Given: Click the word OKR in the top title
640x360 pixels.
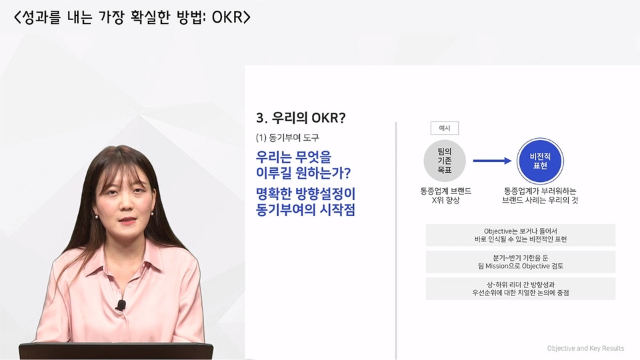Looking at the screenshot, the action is [x=227, y=17].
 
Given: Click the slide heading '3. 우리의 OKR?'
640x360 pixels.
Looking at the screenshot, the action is [x=301, y=118].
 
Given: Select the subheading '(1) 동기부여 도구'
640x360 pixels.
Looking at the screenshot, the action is [x=287, y=138].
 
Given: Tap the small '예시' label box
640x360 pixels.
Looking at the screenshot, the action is [x=445, y=128].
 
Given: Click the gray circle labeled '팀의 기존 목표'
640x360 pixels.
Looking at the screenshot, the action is [x=445, y=161].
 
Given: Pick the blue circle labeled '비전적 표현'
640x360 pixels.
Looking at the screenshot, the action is [x=540, y=161].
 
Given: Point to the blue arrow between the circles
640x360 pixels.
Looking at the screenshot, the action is [x=492, y=161].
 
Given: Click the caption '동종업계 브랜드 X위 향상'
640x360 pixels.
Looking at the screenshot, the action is [x=446, y=195].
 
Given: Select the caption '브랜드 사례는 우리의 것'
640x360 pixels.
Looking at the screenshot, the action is [x=540, y=201].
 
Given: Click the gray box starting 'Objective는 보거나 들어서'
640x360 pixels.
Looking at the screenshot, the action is [x=521, y=235].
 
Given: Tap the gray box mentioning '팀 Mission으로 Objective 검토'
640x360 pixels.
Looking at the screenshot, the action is [x=521, y=262].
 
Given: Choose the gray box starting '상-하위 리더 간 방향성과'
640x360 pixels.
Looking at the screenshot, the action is [x=521, y=289].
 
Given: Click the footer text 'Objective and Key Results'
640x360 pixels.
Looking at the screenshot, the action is [x=585, y=348].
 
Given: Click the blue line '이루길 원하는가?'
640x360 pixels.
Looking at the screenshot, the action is [x=303, y=173].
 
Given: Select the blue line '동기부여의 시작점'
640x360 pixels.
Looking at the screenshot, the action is [x=305, y=210].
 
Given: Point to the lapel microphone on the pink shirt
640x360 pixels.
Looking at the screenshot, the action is [x=121, y=305].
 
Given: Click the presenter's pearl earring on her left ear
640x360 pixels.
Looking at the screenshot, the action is [x=152, y=213].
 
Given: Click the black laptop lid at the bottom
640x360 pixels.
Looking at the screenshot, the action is [x=116, y=351].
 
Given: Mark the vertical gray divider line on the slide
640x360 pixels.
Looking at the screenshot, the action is [x=396, y=241].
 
